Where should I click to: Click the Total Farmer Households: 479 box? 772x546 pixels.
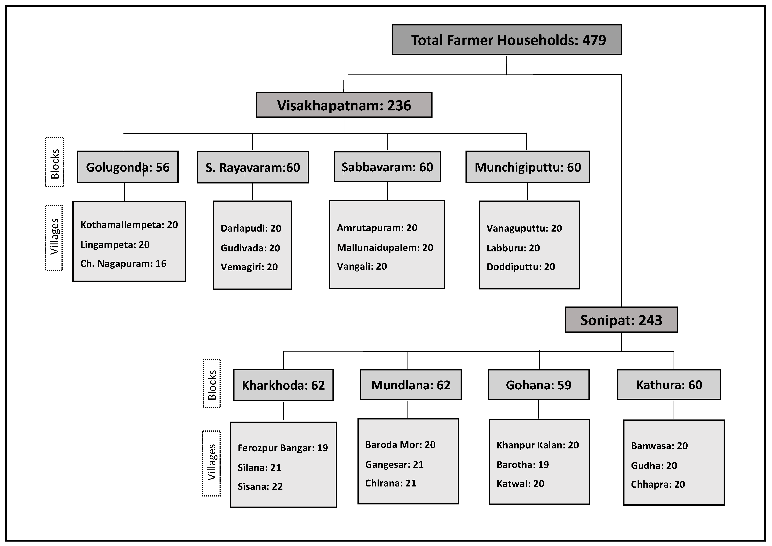point(507,40)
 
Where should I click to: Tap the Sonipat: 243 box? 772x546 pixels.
point(621,320)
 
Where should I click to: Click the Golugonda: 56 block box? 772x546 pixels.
point(128,167)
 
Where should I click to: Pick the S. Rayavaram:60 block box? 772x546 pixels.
point(253,167)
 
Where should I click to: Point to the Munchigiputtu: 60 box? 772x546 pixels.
point(528,167)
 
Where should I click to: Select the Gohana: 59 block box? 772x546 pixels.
point(538,385)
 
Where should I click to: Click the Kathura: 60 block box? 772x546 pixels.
point(669,385)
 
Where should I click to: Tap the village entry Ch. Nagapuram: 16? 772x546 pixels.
point(123,264)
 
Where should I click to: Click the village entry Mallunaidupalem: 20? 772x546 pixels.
point(385,248)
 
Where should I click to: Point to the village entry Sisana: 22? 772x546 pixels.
point(260,486)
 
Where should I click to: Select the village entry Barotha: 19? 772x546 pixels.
point(523,465)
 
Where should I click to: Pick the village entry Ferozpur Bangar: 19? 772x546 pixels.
point(282,448)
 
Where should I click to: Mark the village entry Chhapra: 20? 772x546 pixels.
point(658,484)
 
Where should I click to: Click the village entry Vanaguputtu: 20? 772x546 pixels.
point(524,228)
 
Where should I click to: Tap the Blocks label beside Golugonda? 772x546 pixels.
point(54,162)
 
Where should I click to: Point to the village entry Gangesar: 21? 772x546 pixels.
point(394,465)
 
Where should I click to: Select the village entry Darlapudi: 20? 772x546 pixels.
point(251,228)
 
